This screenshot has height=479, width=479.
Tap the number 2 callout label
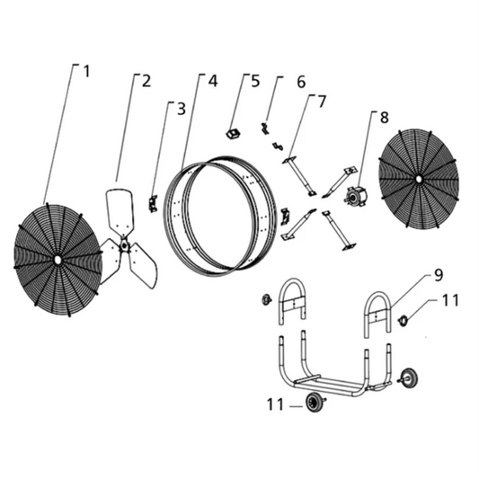pos(146,80)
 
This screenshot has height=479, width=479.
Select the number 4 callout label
pos(213,80)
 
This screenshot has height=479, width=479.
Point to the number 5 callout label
pos(255,81)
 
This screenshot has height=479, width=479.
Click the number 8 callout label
pos(384,117)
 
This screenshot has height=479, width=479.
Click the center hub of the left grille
pos(58,259)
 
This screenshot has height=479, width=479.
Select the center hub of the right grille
pos(419,178)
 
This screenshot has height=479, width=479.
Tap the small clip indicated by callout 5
pos(231,133)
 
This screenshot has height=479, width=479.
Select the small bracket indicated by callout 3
pos(153,204)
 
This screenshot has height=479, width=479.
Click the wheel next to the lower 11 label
pos(315,404)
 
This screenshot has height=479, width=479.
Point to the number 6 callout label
pos(301,82)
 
